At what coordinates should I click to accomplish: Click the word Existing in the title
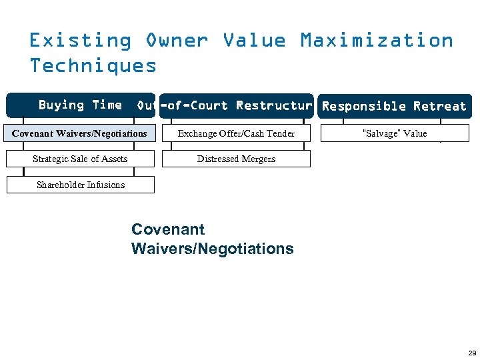point(80,41)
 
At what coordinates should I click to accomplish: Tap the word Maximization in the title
point(377,41)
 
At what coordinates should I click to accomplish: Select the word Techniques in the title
point(93,65)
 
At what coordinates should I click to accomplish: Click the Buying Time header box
point(80,105)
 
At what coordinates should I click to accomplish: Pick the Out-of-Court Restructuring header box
point(236,106)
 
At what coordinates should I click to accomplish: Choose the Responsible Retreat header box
point(394,106)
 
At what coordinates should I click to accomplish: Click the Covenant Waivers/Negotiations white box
point(80,133)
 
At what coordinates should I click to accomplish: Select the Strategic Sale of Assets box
point(80,159)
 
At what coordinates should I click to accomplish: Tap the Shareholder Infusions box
point(80,185)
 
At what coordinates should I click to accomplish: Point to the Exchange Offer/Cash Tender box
point(236,133)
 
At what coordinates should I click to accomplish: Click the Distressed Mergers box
point(236,159)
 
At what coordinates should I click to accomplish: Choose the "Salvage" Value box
point(394,133)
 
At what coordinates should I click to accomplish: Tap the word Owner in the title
point(177,41)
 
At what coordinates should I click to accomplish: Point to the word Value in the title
point(254,41)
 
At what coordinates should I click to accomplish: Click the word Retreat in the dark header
point(439,106)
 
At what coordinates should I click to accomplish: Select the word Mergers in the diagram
point(257,159)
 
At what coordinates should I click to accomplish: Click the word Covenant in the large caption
point(168,229)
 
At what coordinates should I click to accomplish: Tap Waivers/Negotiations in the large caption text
point(212,249)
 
